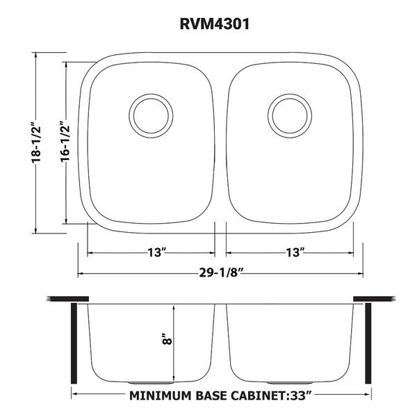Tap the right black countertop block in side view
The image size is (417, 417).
coord(374,300)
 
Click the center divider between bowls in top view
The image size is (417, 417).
coord(220,139)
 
